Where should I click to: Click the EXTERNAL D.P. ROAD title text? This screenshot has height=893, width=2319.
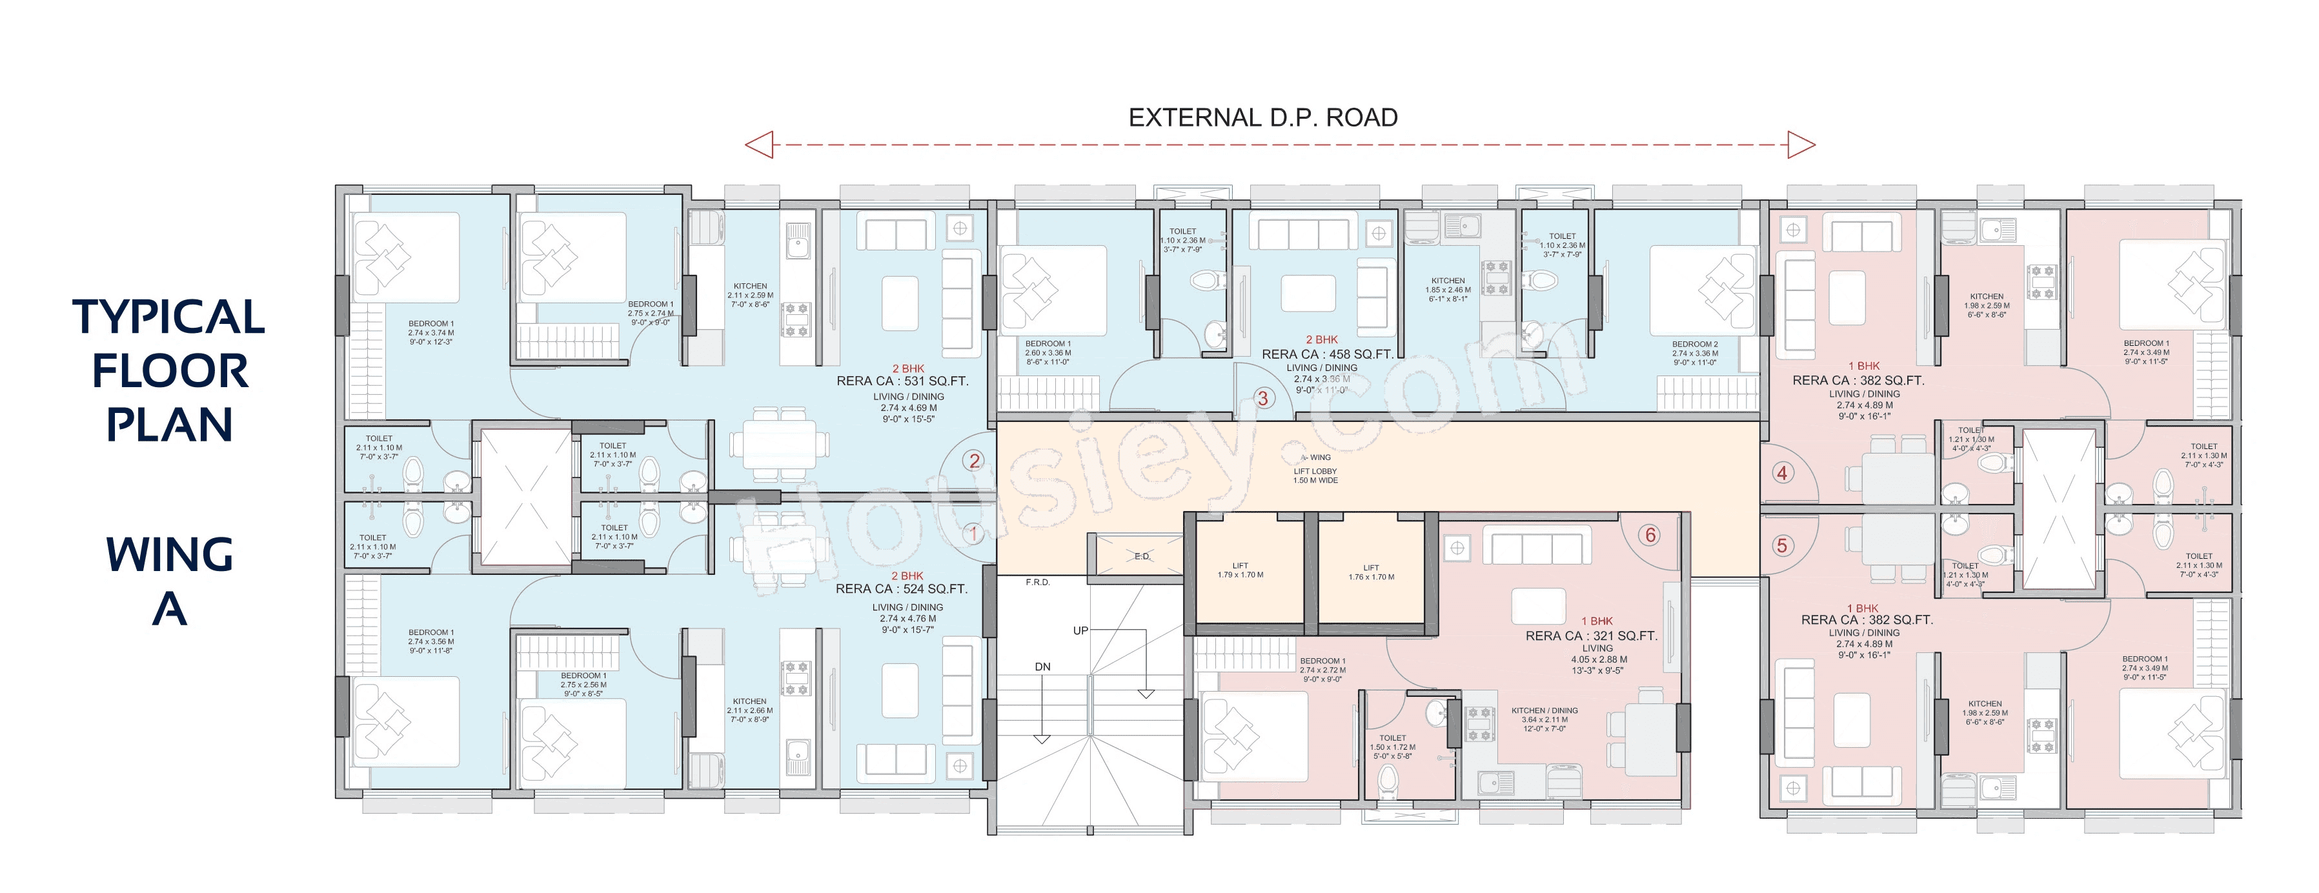[1262, 118]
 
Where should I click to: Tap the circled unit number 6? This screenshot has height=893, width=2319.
[1650, 535]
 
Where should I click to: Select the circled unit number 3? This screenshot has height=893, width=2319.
[1262, 398]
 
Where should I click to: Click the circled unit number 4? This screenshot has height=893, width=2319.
[1781, 472]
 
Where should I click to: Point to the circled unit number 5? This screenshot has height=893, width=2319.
[1781, 545]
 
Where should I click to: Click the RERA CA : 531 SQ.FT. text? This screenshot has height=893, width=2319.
[902, 381]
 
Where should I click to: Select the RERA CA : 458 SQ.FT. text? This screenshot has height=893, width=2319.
[1327, 354]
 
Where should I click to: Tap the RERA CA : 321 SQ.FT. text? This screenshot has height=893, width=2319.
[1591, 636]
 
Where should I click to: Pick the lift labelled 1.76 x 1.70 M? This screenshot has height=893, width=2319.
[1371, 572]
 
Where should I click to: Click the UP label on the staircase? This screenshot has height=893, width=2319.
[1080, 630]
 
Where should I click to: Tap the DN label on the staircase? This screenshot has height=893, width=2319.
[1042, 667]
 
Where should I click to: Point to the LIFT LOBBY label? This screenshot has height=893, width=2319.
[1315, 471]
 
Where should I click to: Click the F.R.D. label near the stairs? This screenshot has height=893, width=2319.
[1038, 583]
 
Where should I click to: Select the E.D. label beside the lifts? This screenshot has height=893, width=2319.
[1142, 556]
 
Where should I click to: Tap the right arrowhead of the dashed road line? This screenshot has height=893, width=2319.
[1801, 144]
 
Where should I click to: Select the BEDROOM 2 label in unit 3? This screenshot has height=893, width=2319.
[1694, 344]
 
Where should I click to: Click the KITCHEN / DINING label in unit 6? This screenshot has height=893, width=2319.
[1544, 710]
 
